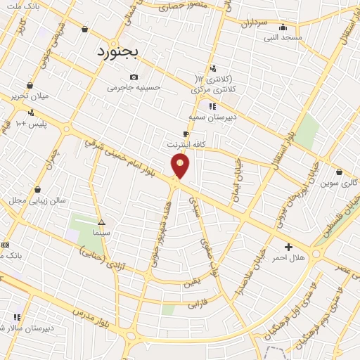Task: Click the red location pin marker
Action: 180,166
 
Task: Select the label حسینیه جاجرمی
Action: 134,88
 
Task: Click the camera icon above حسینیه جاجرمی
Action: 134,77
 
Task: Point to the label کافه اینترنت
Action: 186,144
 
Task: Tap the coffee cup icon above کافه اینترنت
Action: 186,134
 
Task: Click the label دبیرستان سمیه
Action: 212,117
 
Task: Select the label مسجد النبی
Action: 283,37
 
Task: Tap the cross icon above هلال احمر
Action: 288,247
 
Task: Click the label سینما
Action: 101,231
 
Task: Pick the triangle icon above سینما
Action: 101,221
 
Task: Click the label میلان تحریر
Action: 30,96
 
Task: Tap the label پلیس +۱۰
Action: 31,124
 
